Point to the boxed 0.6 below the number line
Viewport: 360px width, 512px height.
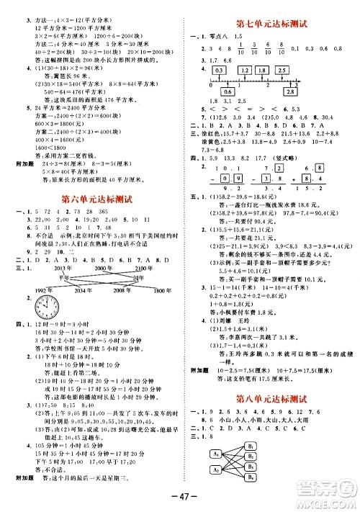point(228,93)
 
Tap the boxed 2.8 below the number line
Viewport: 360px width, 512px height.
point(289,93)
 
